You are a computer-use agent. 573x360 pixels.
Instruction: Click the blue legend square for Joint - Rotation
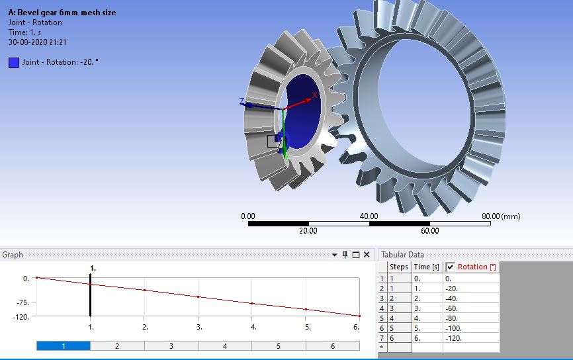click(14, 63)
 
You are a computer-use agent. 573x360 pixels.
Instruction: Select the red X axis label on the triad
click(314, 95)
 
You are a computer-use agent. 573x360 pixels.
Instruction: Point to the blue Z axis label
click(242, 101)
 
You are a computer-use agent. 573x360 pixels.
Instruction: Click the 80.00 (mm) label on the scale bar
click(501, 216)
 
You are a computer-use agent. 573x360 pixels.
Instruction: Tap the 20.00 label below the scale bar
click(308, 231)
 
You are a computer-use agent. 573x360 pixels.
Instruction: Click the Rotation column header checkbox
click(451, 267)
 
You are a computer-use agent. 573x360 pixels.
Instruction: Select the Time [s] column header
click(426, 267)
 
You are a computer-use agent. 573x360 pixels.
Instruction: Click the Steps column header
click(399, 267)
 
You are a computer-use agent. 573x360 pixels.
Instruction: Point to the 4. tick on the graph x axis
click(252, 327)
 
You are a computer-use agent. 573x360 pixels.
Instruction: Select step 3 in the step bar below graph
click(171, 346)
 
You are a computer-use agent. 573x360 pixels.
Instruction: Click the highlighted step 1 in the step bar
click(63, 346)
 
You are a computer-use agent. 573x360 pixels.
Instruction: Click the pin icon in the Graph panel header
click(345, 255)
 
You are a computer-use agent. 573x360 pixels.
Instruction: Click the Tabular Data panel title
click(402, 255)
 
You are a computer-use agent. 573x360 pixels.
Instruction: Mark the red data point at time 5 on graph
click(306, 309)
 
